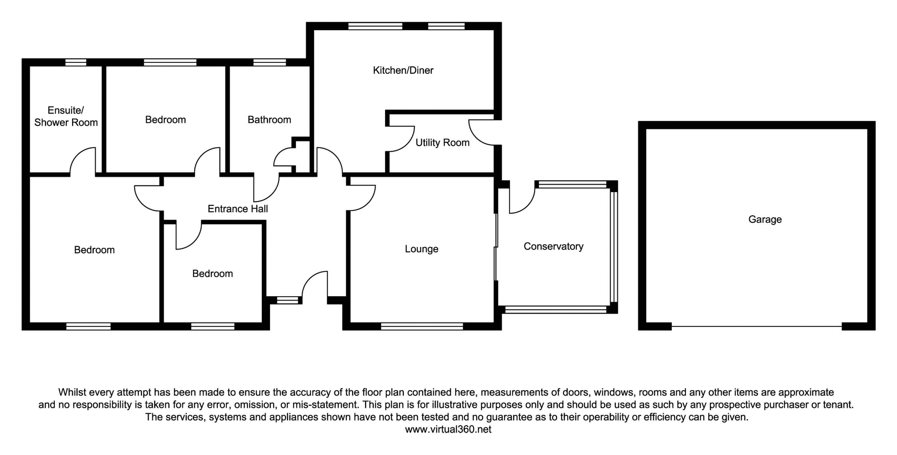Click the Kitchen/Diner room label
[x=403, y=70]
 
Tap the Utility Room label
[x=442, y=142]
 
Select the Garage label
[x=765, y=220]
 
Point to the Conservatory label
[x=553, y=246]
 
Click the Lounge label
[x=421, y=249]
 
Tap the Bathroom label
[x=269, y=120]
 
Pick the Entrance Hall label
[x=237, y=209]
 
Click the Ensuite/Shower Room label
[x=66, y=116]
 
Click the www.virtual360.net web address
[x=448, y=429]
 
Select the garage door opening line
[x=756, y=326]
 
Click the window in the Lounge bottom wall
[x=422, y=326]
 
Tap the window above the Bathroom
[x=269, y=62]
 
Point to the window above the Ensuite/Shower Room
[x=76, y=62]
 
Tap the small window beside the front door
[x=288, y=300]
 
